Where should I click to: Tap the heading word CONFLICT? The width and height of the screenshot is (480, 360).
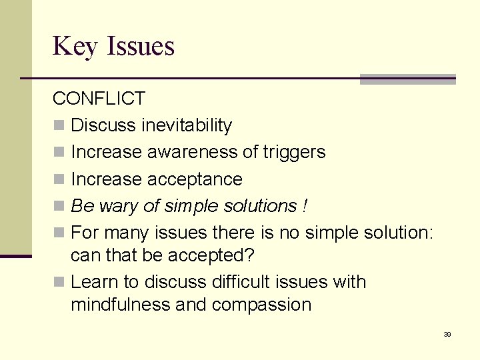[99, 99]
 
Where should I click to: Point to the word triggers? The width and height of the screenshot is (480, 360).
[294, 153]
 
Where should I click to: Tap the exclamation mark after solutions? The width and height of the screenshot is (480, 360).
[305, 206]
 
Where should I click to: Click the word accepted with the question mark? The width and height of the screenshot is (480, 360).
[213, 255]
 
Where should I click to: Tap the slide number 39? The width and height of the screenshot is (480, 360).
[447, 334]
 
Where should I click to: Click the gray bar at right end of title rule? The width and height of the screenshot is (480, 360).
[407, 79]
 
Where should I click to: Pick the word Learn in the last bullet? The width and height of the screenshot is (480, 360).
[93, 282]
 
